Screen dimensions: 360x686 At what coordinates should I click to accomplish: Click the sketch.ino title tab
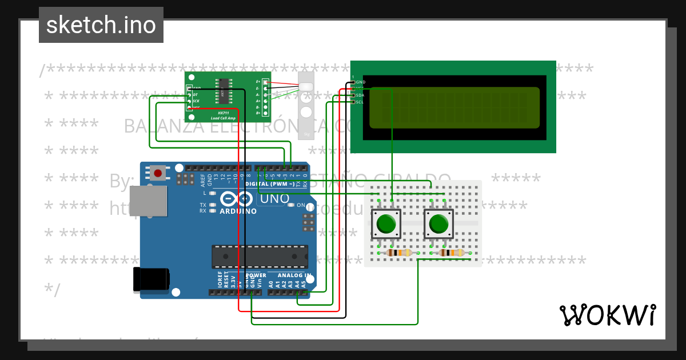(101, 25)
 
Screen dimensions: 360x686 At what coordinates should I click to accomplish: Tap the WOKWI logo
(607, 315)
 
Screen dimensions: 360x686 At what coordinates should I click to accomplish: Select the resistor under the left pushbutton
(399, 253)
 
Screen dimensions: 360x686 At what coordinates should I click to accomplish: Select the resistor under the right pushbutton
(450, 253)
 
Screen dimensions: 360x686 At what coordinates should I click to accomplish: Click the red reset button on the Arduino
(158, 172)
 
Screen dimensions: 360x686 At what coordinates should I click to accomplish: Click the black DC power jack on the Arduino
(151, 279)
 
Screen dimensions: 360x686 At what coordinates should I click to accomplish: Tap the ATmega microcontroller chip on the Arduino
(260, 257)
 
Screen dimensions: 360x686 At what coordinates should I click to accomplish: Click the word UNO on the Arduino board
(274, 199)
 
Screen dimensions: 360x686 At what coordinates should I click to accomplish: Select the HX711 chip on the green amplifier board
(223, 90)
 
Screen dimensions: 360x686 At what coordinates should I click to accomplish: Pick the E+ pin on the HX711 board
(265, 82)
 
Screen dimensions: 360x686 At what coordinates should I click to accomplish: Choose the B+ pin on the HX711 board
(265, 113)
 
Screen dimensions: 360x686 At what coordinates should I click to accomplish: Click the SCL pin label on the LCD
(360, 102)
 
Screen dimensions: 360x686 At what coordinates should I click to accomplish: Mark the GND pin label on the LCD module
(360, 82)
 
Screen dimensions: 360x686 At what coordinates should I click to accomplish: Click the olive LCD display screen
(454, 107)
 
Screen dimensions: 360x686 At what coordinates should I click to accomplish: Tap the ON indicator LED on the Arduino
(291, 205)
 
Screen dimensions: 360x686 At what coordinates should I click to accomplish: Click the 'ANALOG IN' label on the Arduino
(294, 275)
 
